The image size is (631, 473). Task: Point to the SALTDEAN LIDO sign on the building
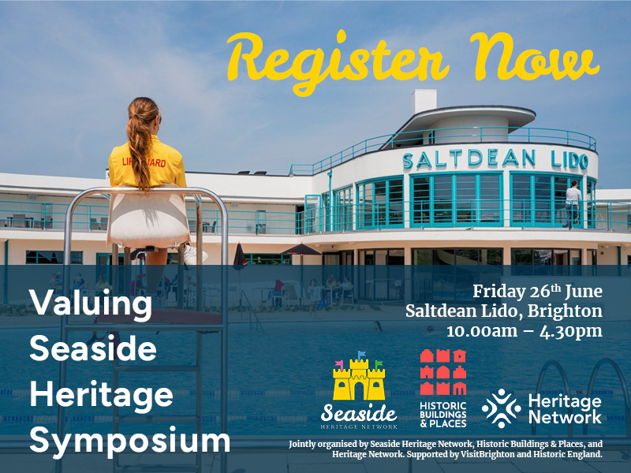pyautogui.click(x=495, y=161)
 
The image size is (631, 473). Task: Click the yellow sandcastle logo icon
pyautogui.click(x=359, y=380)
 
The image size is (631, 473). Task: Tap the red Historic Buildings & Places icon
pyautogui.click(x=442, y=371)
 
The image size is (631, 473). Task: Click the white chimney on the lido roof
pyautogui.click(x=424, y=101)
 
